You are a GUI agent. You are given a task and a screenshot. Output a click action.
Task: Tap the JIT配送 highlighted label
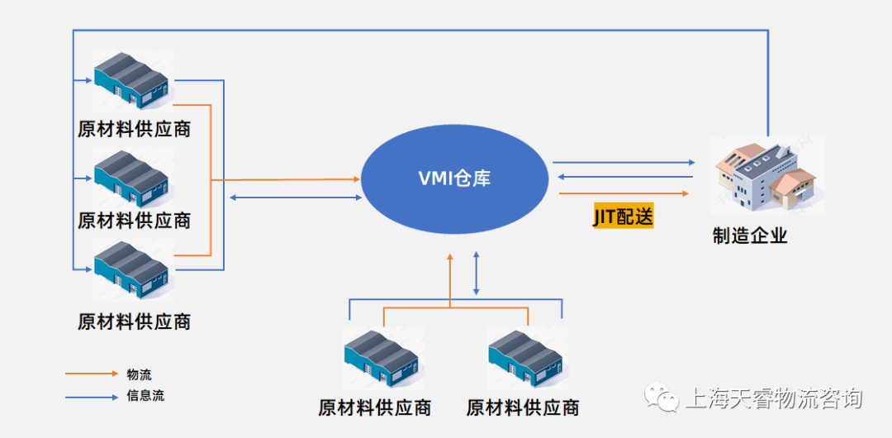pos(623,217)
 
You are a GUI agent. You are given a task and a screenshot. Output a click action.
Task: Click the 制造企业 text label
pos(750,236)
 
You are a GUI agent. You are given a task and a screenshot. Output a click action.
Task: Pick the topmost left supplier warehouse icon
pos(132,80)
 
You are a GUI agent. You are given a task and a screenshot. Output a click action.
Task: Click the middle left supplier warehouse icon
pos(132,177)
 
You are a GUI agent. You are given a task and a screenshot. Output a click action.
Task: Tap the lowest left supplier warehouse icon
pos(132,268)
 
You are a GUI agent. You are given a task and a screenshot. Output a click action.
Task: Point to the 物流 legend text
pos(139,374)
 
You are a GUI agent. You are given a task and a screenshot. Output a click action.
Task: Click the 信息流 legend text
pos(145,396)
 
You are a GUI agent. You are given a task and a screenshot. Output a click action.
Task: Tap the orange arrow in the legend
pos(92,374)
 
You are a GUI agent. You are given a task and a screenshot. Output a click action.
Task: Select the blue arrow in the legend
pos(92,397)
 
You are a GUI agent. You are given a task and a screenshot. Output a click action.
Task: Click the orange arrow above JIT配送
pos(624,193)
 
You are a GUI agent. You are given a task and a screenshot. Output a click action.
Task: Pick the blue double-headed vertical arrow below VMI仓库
pos(477,274)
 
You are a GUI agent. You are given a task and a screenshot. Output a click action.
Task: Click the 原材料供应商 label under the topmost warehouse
pos(134,130)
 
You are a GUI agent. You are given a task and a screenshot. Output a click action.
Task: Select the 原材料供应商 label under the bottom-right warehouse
pos(523,407)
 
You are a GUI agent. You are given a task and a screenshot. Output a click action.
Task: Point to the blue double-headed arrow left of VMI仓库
pos(296,198)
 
